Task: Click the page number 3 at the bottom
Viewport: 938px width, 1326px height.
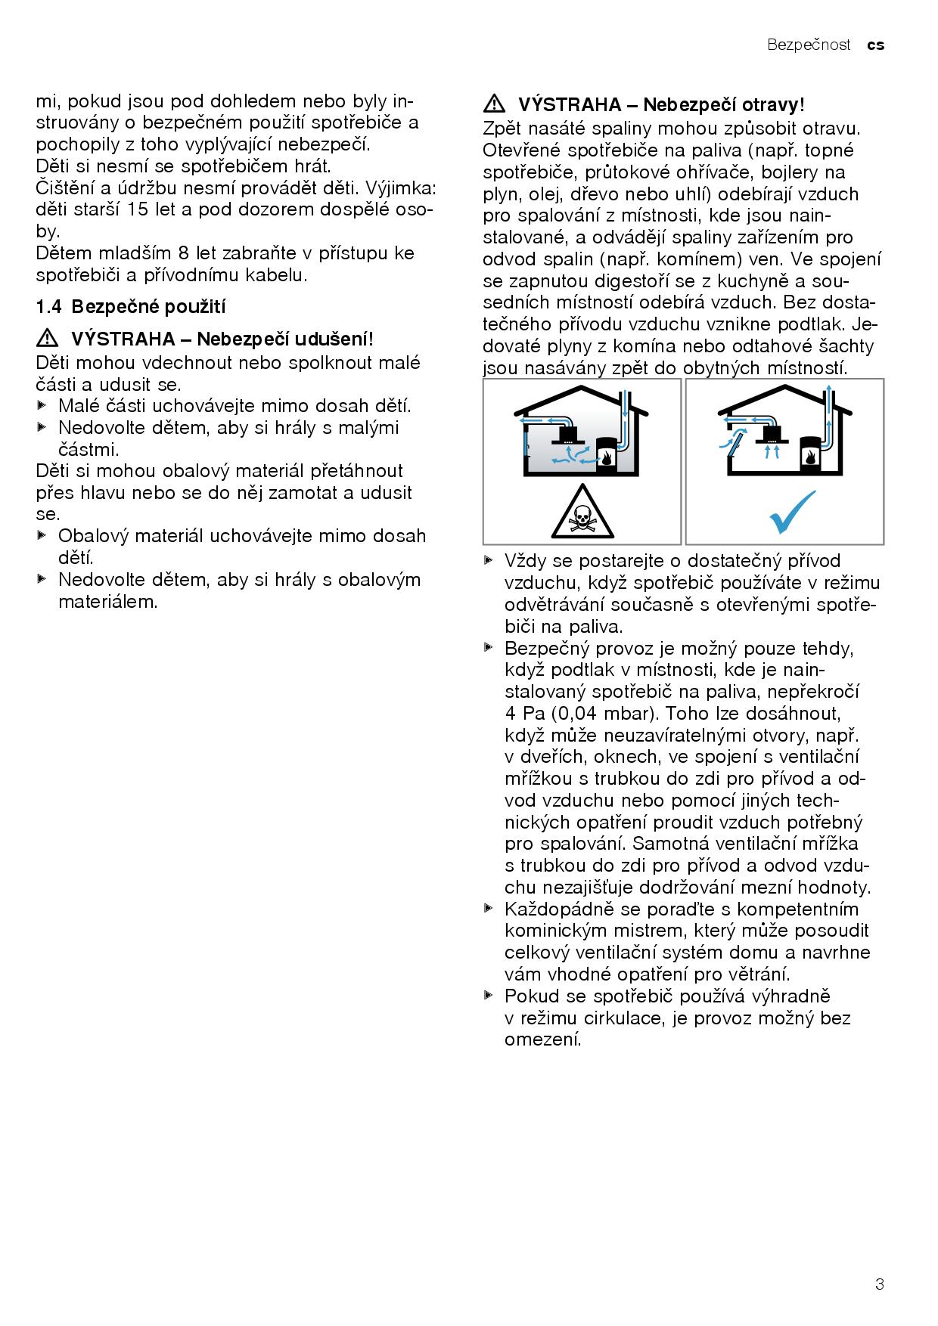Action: click(879, 1284)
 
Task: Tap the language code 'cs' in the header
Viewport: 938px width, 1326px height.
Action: click(875, 45)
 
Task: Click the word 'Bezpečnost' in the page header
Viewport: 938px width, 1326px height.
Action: click(809, 45)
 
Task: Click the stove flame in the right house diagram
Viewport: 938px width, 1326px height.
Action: click(809, 457)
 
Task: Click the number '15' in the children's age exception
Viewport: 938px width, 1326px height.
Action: click(140, 209)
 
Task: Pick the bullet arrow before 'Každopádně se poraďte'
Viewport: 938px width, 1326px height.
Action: click(489, 908)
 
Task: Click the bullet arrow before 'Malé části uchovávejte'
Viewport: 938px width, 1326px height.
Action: click(42, 405)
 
